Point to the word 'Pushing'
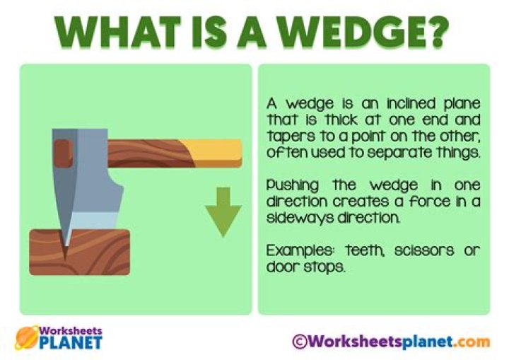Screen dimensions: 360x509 [x=289, y=185]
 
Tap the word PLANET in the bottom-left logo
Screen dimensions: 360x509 [x=71, y=344]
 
